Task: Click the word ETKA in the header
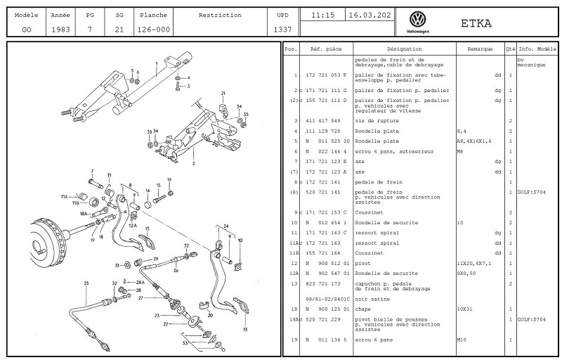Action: pyautogui.click(x=476, y=23)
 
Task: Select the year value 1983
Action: pyautogui.click(x=60, y=30)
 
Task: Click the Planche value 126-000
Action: pyautogui.click(x=152, y=30)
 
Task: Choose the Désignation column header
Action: pyautogui.click(x=404, y=49)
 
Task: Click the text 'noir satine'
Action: pyautogui.click(x=372, y=299)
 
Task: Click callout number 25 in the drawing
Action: pyautogui.click(x=86, y=283)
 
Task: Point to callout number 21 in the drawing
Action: pyautogui.click(x=222, y=94)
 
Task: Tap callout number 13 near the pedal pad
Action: pyautogui.click(x=245, y=329)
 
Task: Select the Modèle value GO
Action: pyautogui.click(x=27, y=30)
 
